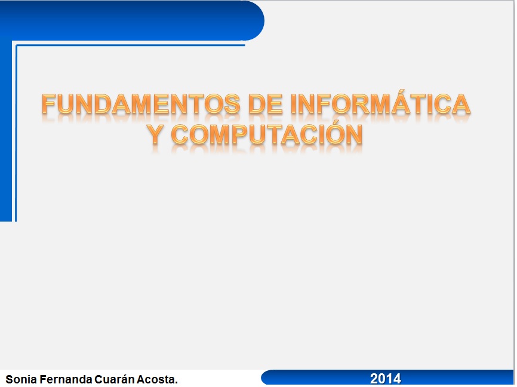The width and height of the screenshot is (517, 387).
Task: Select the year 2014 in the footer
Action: click(x=386, y=379)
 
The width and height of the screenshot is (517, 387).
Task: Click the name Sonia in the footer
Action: click(x=21, y=379)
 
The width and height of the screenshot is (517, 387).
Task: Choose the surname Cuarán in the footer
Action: click(x=114, y=379)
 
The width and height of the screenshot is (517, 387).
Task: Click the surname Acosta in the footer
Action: click(x=155, y=379)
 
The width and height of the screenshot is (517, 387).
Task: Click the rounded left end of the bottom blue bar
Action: click(x=266, y=377)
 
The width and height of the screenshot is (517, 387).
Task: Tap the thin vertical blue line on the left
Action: click(x=16, y=133)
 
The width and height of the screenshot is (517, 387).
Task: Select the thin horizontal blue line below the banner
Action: click(x=130, y=45)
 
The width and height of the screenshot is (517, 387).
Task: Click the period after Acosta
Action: click(x=176, y=383)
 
